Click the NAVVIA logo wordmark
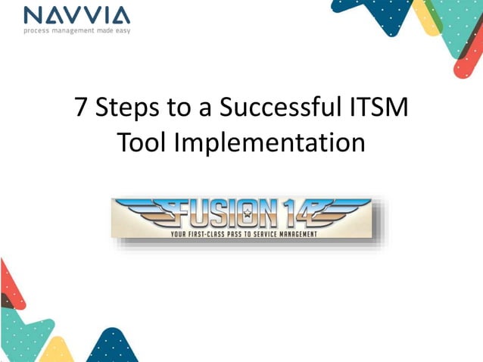(x=76, y=15)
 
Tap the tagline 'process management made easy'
(x=76, y=30)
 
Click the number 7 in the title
(x=83, y=109)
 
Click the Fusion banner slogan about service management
(x=242, y=234)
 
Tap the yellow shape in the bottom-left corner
(x=57, y=351)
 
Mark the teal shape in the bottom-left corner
(x=23, y=333)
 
